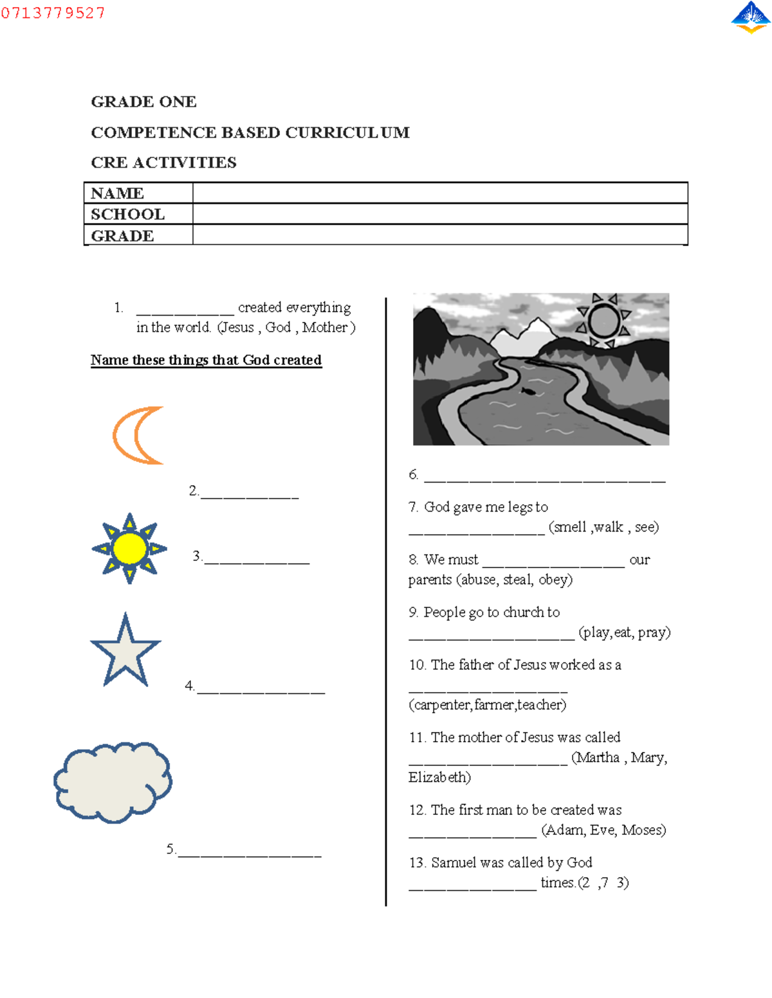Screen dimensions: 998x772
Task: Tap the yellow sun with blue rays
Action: [129, 549]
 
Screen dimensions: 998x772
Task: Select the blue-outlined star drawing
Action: [125, 652]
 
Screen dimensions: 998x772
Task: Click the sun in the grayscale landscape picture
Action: [603, 320]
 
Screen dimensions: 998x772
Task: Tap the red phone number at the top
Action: [53, 13]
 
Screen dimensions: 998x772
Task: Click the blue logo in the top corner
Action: [751, 17]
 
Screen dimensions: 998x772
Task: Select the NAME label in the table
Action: [117, 193]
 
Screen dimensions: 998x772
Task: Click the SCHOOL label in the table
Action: [127, 214]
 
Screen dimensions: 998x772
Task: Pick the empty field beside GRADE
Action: [440, 235]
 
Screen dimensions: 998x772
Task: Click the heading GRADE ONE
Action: [143, 102]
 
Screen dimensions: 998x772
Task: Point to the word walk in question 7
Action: [609, 528]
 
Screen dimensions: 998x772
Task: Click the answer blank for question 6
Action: [544, 477]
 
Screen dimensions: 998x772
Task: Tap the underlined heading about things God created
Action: [206, 360]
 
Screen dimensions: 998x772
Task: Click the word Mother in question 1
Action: [325, 328]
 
